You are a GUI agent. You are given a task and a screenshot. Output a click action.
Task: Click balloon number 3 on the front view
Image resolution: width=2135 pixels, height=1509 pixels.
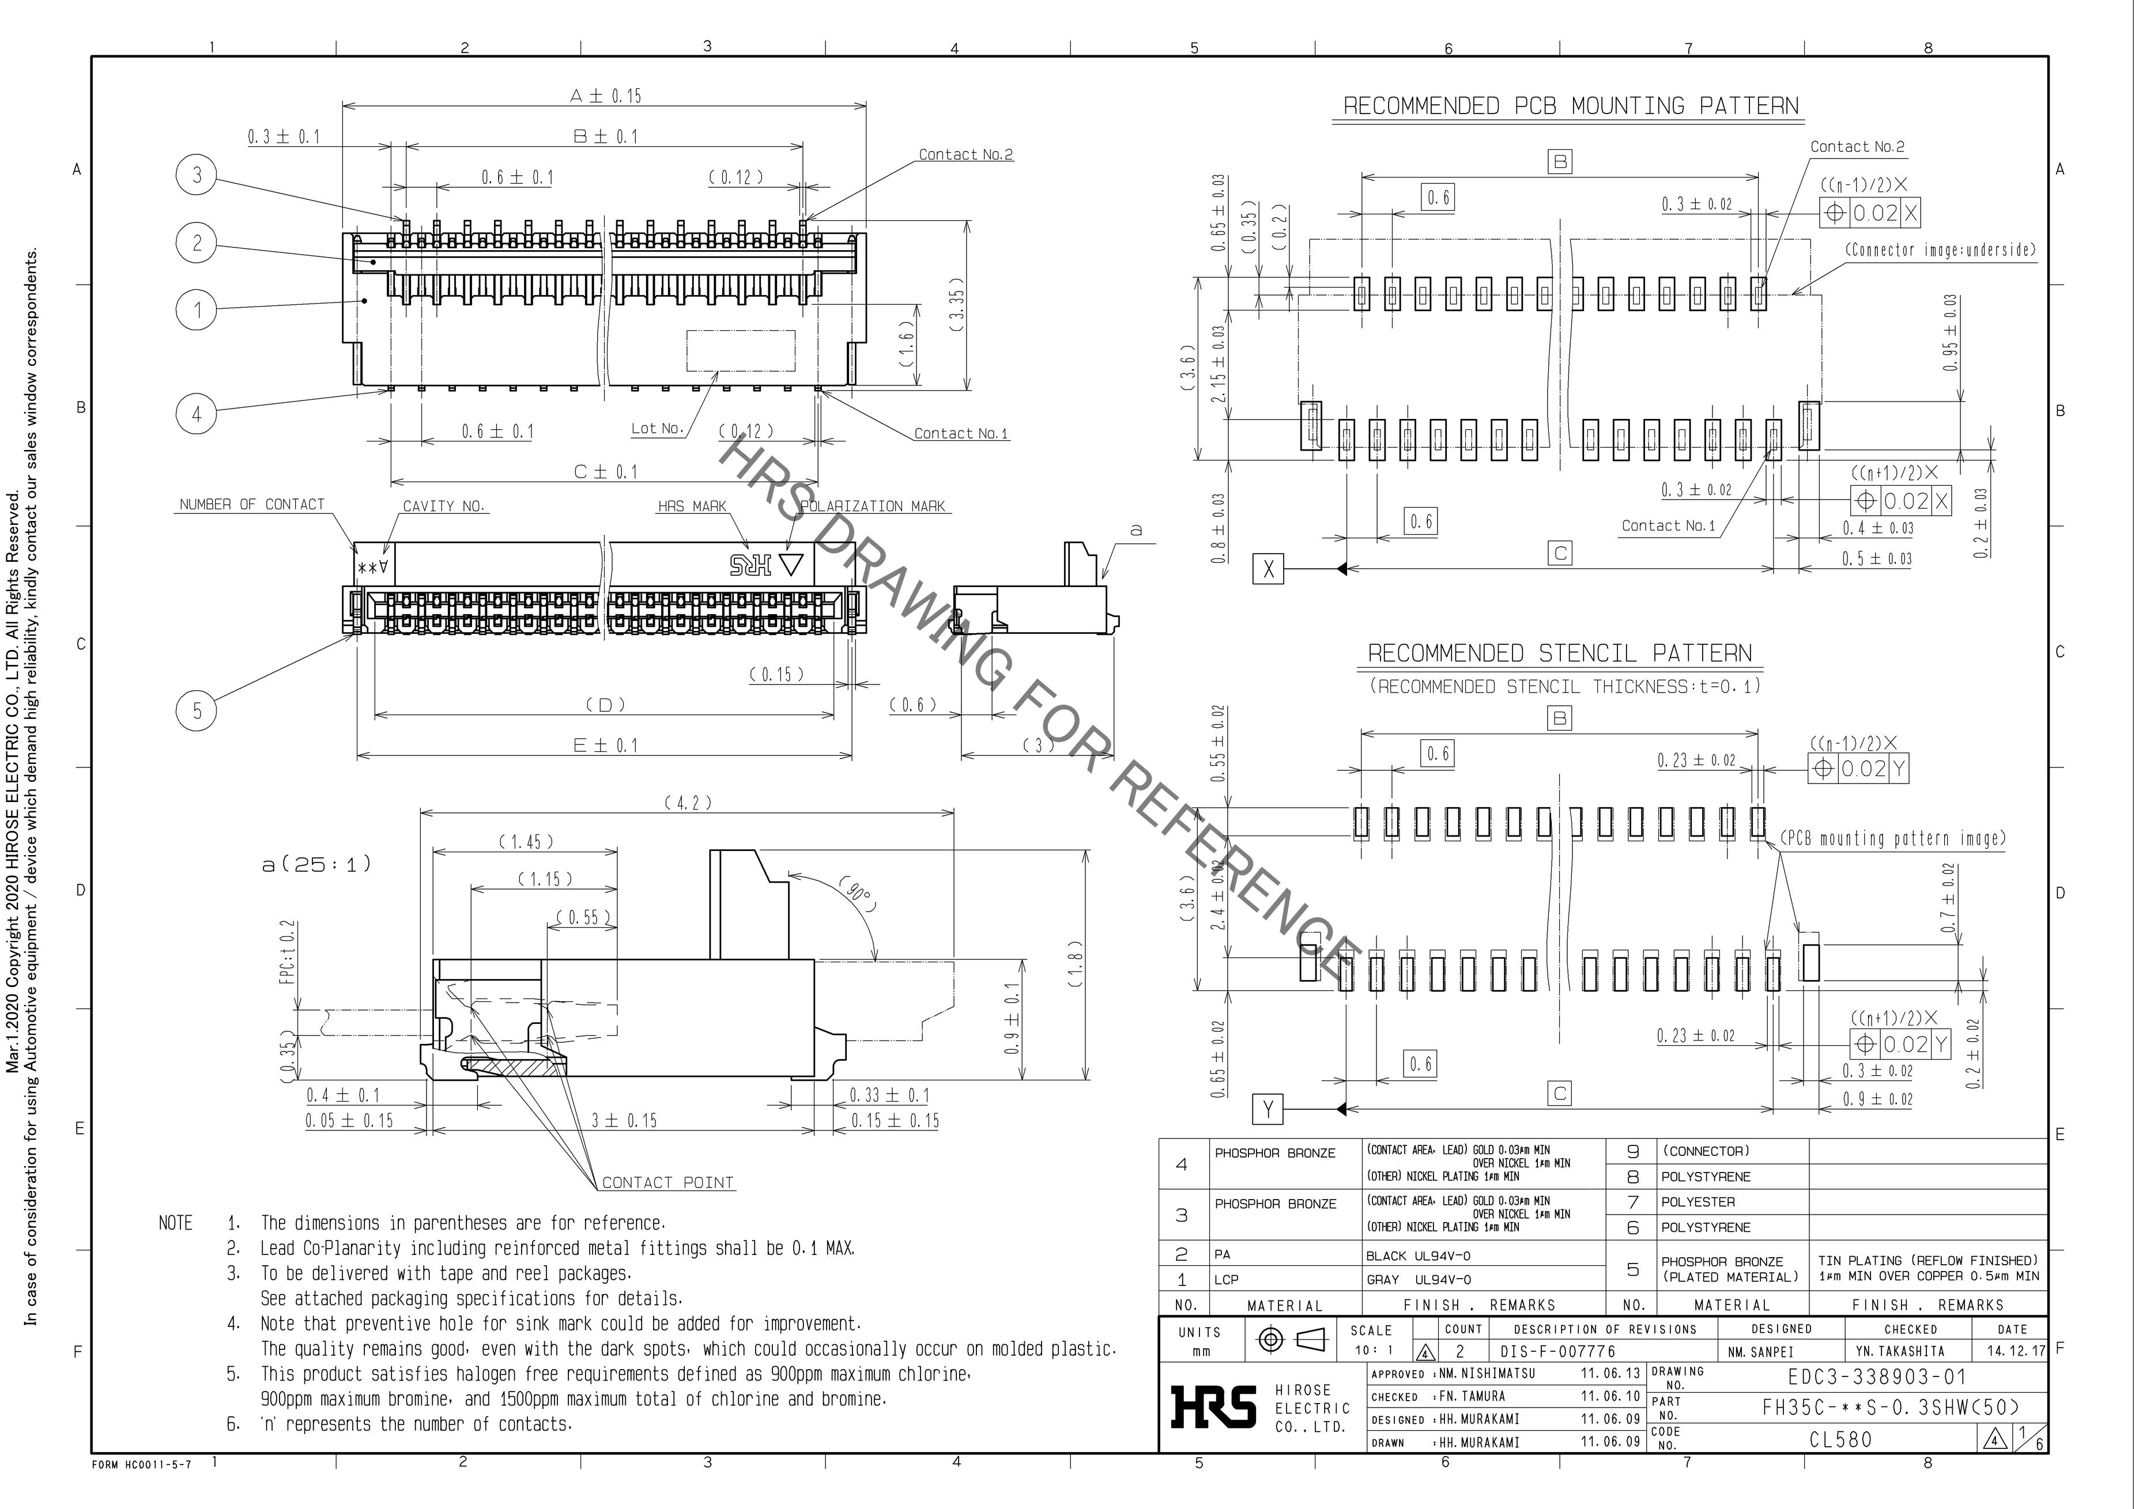click(x=196, y=175)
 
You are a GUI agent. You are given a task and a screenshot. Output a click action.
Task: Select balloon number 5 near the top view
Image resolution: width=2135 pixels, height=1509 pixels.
click(x=196, y=711)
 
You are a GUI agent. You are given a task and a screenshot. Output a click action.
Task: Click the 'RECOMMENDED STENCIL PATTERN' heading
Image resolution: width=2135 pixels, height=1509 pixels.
click(x=1559, y=653)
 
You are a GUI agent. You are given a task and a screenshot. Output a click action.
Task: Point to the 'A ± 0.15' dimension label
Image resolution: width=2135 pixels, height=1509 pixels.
click(x=605, y=96)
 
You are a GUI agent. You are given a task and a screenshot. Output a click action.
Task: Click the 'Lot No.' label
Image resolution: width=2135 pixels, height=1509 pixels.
click(x=658, y=429)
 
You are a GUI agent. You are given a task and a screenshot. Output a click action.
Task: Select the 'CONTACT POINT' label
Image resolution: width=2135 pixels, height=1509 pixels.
click(x=667, y=1183)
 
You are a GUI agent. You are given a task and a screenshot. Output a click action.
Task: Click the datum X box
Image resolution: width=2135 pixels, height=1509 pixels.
click(x=1268, y=568)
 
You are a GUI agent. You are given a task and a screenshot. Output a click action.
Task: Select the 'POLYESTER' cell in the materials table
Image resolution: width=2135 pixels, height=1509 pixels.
click(x=1698, y=1202)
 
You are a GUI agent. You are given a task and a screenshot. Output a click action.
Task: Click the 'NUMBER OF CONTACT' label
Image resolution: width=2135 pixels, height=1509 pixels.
click(x=252, y=505)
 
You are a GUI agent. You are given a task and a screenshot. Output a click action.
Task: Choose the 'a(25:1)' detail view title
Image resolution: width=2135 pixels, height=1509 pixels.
click(x=316, y=864)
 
